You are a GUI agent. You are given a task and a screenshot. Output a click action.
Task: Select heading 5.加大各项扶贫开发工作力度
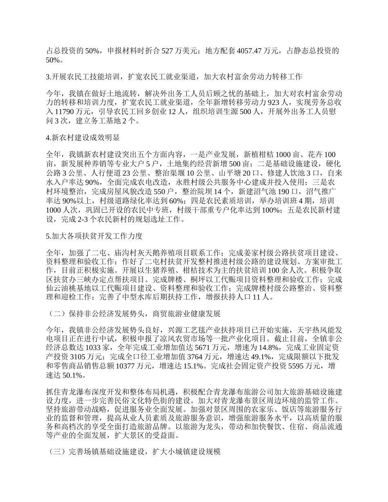point(94,236)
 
